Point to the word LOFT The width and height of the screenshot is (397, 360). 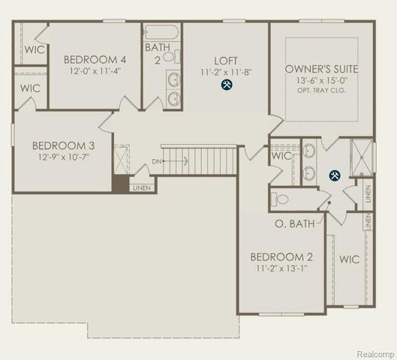click(x=225, y=61)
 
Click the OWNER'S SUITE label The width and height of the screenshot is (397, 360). click(x=322, y=69)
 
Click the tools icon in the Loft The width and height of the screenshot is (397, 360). click(x=226, y=85)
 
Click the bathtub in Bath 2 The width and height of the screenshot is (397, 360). click(x=162, y=33)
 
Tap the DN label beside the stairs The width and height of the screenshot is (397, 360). click(x=156, y=161)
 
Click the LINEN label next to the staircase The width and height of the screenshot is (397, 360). click(x=140, y=187)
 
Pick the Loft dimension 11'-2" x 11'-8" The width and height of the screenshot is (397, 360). click(x=225, y=73)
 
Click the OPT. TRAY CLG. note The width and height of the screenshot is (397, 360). click(x=322, y=92)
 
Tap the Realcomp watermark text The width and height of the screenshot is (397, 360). click(x=374, y=352)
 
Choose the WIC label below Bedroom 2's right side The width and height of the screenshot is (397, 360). click(x=350, y=259)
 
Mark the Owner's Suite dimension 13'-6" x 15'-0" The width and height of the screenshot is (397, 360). click(x=322, y=82)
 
